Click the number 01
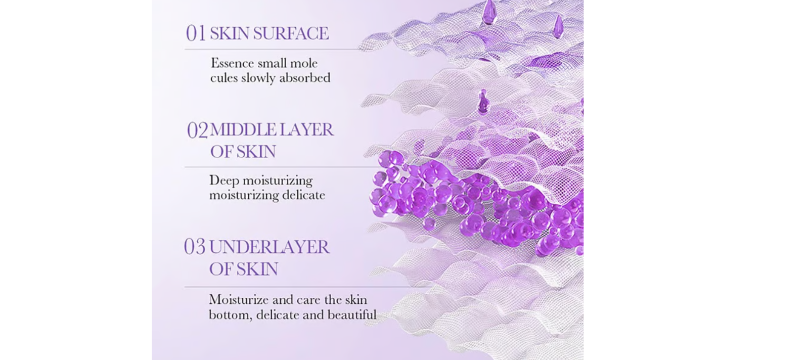[196, 33]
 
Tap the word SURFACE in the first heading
[291, 33]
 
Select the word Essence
[232, 63]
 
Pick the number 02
[197, 130]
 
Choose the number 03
[195, 247]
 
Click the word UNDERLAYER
[269, 247]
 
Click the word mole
[303, 63]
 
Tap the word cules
[224, 78]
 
